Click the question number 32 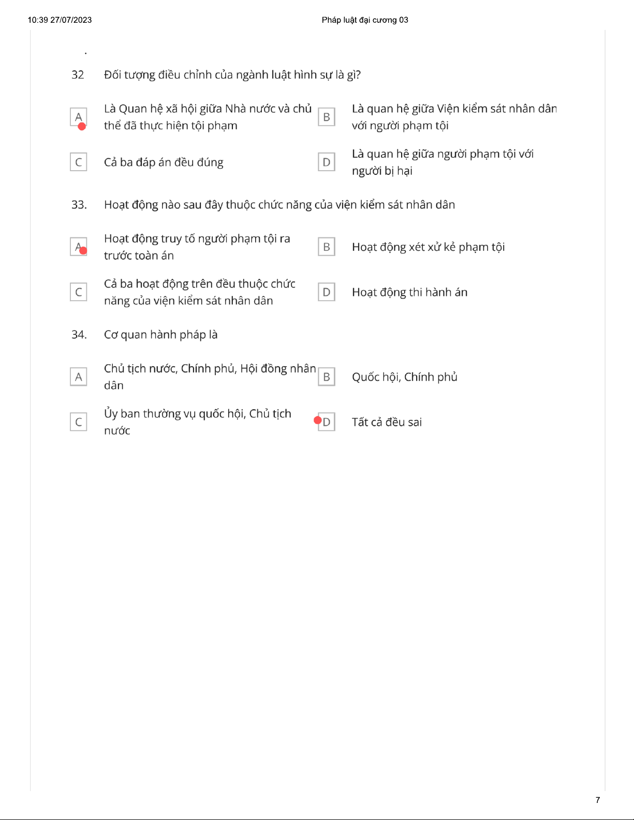point(78,75)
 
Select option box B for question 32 point(327,117)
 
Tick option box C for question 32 point(79,162)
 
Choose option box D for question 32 point(327,162)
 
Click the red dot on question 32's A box point(82,126)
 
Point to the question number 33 point(79,205)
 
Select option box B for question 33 point(327,247)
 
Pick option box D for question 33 point(327,292)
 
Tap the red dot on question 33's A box point(83,250)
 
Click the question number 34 point(79,335)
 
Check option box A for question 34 point(79,377)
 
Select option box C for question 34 point(79,422)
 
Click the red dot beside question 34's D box point(318,420)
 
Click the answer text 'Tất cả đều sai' point(387,422)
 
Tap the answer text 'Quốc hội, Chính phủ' point(404,377)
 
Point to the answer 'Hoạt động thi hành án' point(409,292)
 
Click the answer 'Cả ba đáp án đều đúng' point(164,162)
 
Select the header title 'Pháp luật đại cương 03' point(365,20)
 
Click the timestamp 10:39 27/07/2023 point(60,20)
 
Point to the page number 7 point(598,800)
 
